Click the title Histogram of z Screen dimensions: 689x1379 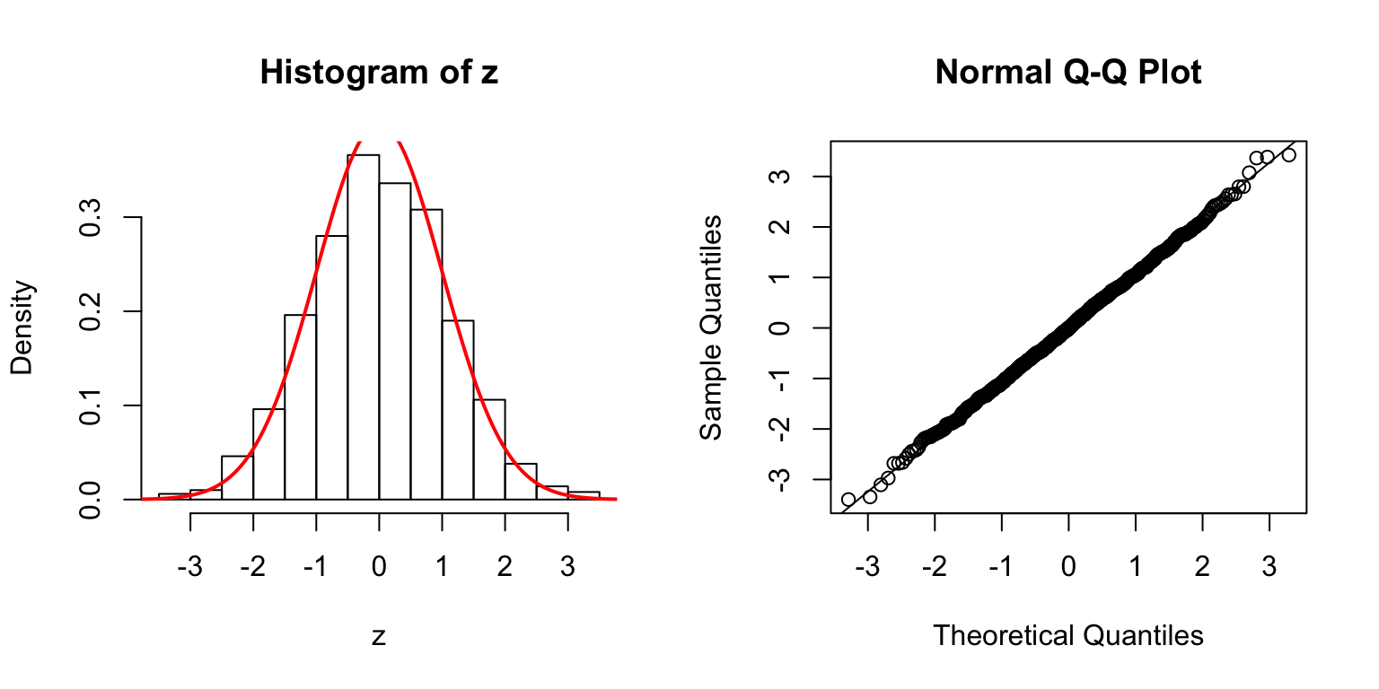(x=379, y=73)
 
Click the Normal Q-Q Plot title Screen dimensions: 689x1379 (x=1068, y=73)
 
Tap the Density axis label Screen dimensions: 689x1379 (x=22, y=327)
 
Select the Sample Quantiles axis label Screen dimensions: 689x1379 (x=711, y=327)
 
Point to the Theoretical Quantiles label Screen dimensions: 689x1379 (x=1068, y=635)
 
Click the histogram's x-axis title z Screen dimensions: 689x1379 (x=379, y=636)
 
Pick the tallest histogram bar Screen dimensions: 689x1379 (x=363, y=327)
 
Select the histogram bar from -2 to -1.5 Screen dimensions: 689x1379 (x=268, y=454)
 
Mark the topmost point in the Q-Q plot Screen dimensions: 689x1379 (x=1288, y=155)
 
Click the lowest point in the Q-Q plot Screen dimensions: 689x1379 (x=848, y=499)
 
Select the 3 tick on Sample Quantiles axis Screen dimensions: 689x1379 (x=782, y=177)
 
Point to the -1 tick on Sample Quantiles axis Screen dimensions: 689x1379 (x=782, y=379)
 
